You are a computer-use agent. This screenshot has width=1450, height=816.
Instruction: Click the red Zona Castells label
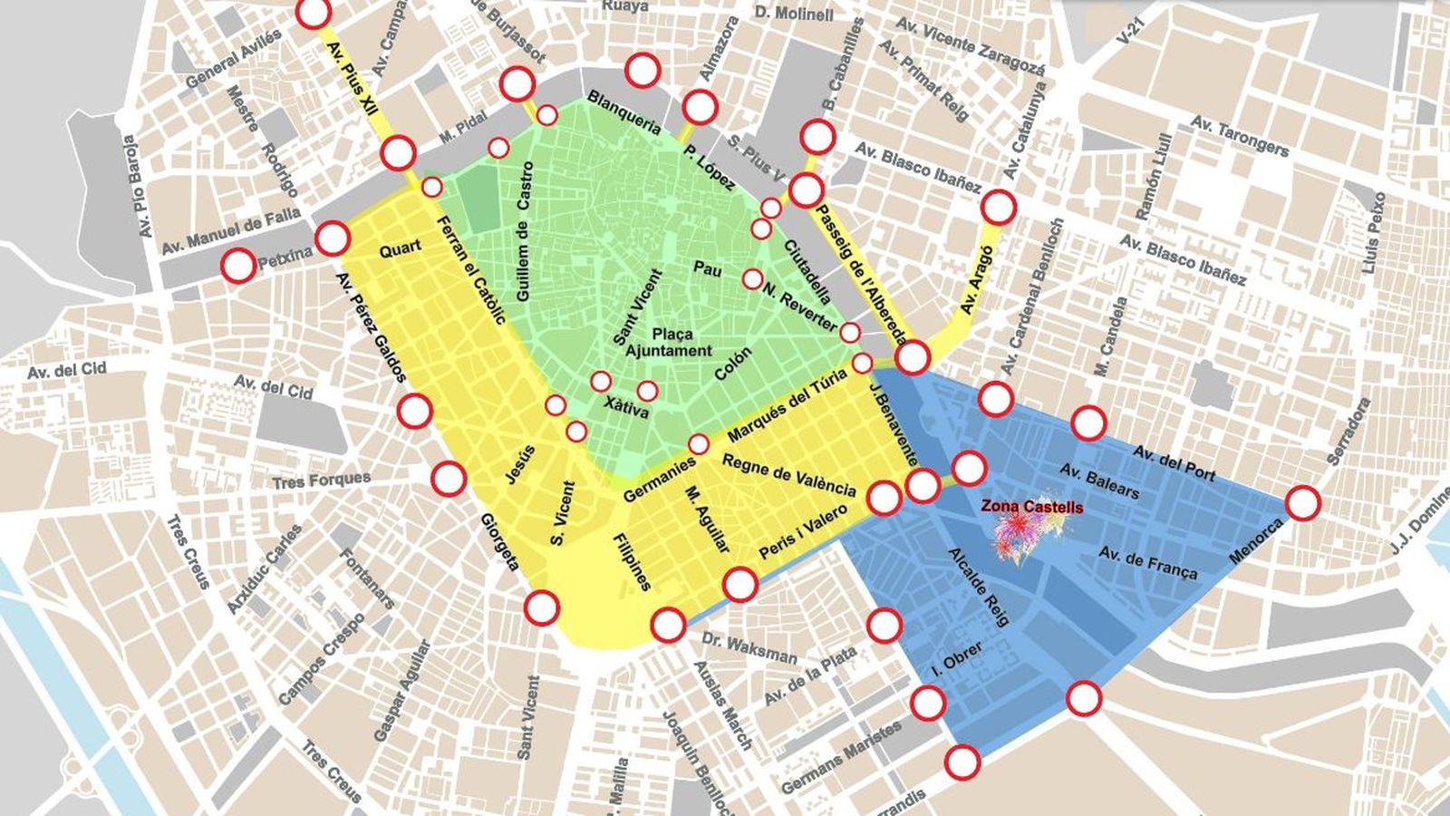(x=1031, y=508)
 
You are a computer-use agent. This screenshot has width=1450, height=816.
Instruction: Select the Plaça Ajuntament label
(x=669, y=343)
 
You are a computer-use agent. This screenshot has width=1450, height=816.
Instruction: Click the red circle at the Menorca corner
(x=1303, y=503)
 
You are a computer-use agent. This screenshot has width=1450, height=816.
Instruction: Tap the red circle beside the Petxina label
(x=239, y=266)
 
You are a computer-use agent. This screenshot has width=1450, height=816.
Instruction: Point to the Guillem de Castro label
(x=525, y=231)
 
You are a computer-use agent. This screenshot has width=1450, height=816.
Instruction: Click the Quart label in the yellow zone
(x=400, y=249)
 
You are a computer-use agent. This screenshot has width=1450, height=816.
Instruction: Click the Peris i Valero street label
(x=803, y=531)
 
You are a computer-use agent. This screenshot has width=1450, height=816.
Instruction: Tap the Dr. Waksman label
(x=749, y=649)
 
